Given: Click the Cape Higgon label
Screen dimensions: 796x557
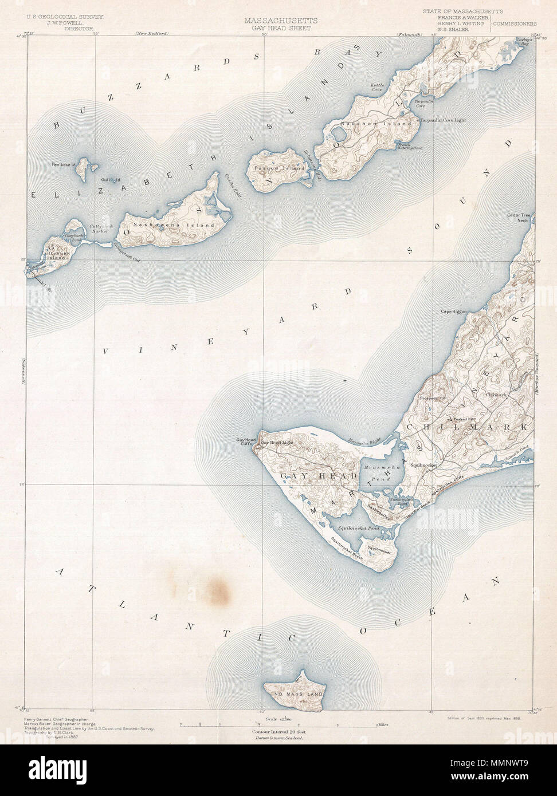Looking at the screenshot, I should point(453,312).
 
